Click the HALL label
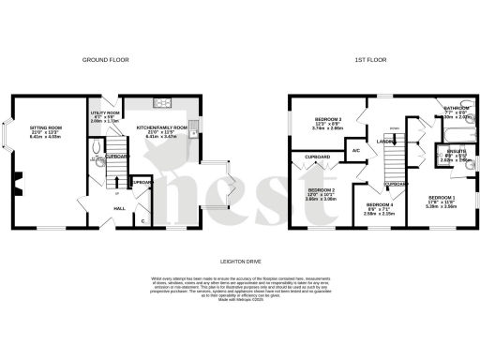pyautogui.click(x=120, y=207)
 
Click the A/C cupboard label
pyautogui.click(x=357, y=150)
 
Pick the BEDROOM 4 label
pyautogui.click(x=380, y=208)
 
